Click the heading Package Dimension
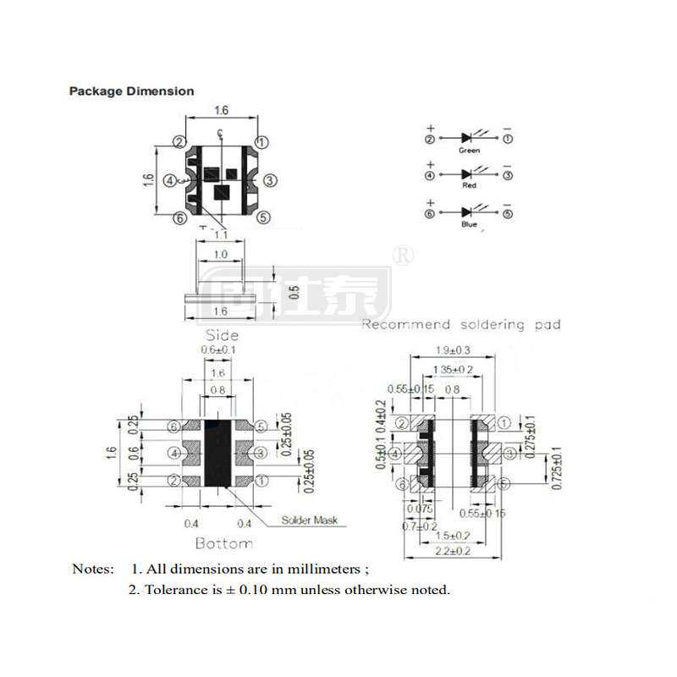131,91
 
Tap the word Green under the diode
469,151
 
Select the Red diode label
469,184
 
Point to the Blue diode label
469,225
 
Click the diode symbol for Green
467,137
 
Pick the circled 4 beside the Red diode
430,176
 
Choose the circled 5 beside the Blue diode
508,213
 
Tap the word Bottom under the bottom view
223,542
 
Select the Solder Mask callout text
308,520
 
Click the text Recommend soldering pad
460,325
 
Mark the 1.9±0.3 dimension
454,350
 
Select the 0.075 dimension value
419,509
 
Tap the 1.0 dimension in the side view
221,255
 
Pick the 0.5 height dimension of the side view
294,291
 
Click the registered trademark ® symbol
404,256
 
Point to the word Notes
92,569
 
